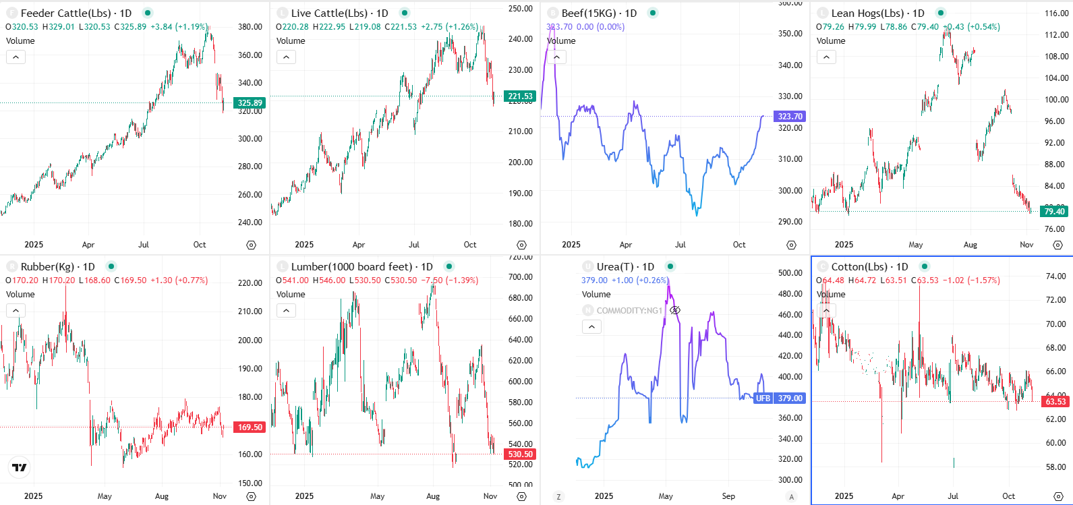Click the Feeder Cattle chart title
point(76,13)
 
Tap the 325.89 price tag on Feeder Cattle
point(250,103)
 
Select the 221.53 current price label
point(520,96)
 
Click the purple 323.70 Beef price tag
point(790,117)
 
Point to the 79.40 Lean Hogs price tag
point(1054,212)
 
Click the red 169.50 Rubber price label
point(250,427)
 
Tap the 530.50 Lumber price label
point(520,454)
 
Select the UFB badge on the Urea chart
point(763,398)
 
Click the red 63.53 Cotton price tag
point(1055,402)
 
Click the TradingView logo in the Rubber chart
point(20,467)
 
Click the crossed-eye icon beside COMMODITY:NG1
point(675,310)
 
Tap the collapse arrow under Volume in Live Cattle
point(286,57)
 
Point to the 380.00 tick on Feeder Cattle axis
point(250,27)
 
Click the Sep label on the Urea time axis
point(728,496)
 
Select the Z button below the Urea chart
point(558,497)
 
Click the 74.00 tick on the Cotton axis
point(1055,276)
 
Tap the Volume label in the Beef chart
point(561,41)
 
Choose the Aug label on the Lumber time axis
point(433,496)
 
